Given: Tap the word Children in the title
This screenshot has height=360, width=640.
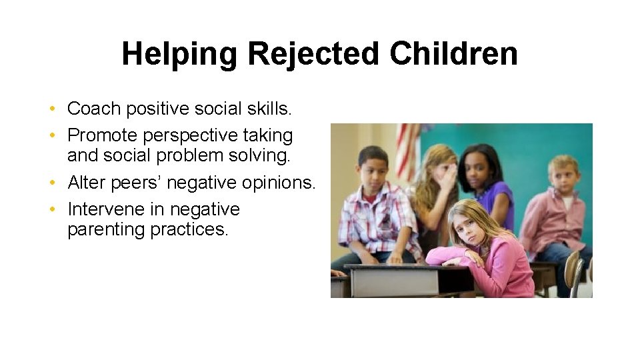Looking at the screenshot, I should click(454, 54).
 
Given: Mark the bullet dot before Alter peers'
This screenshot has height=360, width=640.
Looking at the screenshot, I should click(52, 183).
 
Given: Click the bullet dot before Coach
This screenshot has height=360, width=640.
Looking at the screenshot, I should click(52, 109).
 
